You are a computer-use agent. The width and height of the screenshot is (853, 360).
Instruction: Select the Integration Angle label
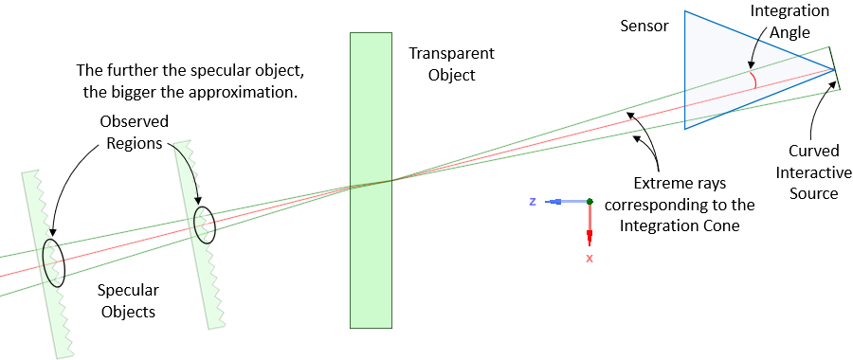coord(789,20)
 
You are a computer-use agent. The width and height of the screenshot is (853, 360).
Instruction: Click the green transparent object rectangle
coord(372,180)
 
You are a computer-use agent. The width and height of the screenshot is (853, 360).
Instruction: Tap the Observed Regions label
coord(135,132)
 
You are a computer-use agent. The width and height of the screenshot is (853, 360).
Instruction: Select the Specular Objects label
coord(129,300)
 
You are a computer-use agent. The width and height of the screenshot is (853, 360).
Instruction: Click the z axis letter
coord(533,202)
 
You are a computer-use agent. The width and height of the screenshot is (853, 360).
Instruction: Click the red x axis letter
coord(590,258)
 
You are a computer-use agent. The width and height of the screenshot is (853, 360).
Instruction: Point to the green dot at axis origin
coord(590,201)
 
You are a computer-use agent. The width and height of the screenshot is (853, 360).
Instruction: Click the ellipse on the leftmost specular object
coord(54,262)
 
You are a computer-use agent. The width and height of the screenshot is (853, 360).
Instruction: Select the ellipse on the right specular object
coord(204,225)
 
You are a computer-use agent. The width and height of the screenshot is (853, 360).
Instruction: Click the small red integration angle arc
coord(753,80)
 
